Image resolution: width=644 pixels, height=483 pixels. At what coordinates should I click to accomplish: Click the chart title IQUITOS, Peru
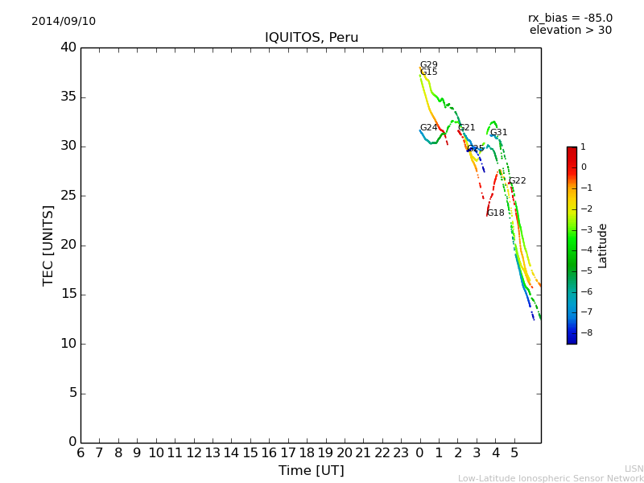(x=312, y=38)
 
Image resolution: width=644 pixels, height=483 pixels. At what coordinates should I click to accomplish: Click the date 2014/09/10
(x=64, y=22)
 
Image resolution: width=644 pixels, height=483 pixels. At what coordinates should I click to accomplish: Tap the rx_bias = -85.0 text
(x=570, y=18)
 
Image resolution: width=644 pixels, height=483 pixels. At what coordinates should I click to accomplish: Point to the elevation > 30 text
(x=570, y=31)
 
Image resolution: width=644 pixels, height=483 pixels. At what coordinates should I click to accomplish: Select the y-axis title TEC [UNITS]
(x=48, y=245)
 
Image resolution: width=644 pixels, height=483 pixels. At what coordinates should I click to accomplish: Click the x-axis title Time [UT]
(x=311, y=471)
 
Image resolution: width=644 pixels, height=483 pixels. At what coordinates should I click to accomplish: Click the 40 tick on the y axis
(x=68, y=47)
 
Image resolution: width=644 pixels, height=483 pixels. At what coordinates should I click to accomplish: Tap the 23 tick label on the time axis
(x=401, y=453)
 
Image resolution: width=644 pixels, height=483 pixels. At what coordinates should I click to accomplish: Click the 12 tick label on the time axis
(x=194, y=453)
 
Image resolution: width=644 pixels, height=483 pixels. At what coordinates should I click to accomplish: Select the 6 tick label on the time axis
(x=80, y=453)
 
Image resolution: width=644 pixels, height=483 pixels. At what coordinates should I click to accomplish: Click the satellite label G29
(x=429, y=65)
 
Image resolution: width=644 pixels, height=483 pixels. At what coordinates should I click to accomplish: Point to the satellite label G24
(x=429, y=128)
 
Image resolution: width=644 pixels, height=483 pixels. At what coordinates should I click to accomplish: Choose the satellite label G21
(x=466, y=128)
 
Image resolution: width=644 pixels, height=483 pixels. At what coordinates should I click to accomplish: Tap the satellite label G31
(x=499, y=133)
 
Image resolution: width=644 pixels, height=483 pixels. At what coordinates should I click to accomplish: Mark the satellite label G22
(x=517, y=181)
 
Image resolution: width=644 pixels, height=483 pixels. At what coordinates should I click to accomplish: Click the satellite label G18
(x=496, y=213)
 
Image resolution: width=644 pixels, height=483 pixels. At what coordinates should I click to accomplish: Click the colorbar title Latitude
(x=603, y=246)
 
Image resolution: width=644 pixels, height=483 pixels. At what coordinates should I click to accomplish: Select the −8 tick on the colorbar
(x=584, y=332)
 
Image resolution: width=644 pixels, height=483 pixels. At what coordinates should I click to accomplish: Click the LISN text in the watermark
(x=634, y=469)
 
